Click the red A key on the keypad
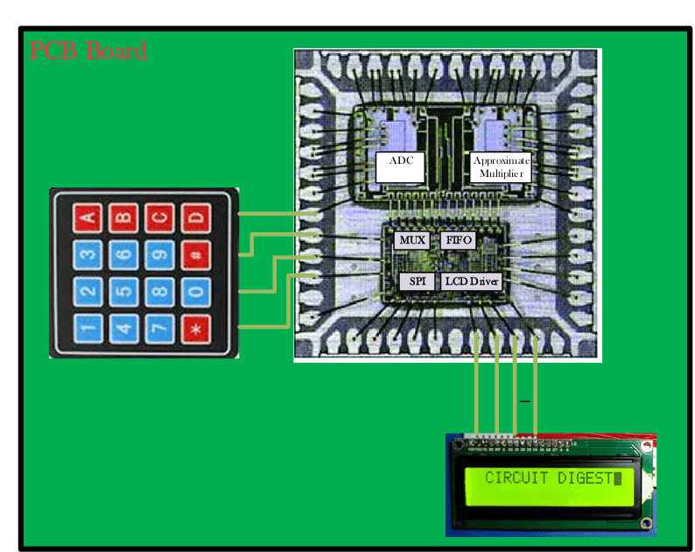click(88, 216)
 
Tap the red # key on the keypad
click(195, 254)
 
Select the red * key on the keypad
click(195, 329)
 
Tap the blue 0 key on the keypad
click(195, 292)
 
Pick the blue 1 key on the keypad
click(88, 329)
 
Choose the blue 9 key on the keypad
click(159, 254)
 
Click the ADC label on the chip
click(400, 161)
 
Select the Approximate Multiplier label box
click(501, 166)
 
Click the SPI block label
click(418, 281)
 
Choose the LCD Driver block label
click(471, 281)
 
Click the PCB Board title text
click(88, 51)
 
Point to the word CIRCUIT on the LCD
click(516, 478)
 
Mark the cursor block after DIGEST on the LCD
click(618, 478)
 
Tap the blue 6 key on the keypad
click(123, 254)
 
